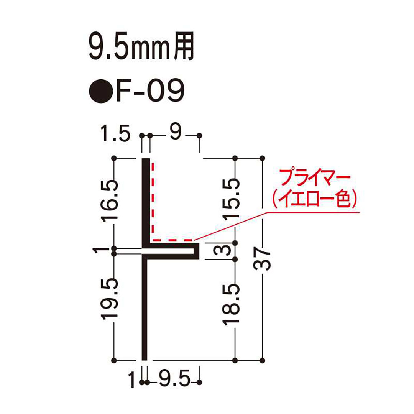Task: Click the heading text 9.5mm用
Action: point(140,48)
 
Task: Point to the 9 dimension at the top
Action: point(174,135)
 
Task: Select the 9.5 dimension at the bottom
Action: point(174,381)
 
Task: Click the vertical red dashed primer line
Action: point(153,199)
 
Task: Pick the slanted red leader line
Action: point(234,226)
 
